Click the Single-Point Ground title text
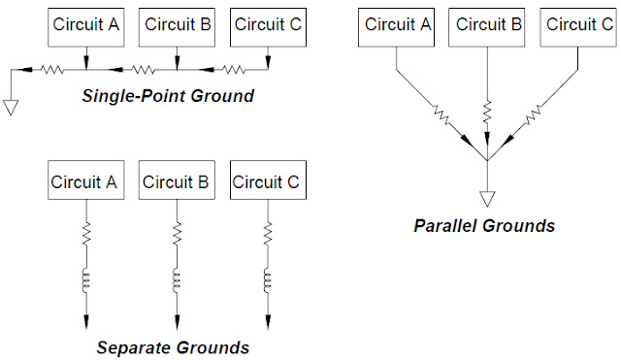click(168, 96)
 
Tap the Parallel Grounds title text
click(484, 226)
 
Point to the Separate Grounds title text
click(173, 347)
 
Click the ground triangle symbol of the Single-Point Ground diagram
click(11, 108)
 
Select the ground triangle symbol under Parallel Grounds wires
click(487, 199)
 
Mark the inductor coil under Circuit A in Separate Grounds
click(86, 280)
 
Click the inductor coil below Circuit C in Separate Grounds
click(268, 280)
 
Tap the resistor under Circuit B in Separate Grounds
click(177, 234)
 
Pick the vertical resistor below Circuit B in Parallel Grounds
click(487, 112)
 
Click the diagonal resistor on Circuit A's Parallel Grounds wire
click(442, 115)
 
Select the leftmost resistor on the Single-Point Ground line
click(52, 70)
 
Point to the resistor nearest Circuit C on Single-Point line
click(234, 70)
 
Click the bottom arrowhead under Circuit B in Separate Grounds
click(177, 322)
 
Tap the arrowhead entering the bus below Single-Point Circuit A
click(86, 63)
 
